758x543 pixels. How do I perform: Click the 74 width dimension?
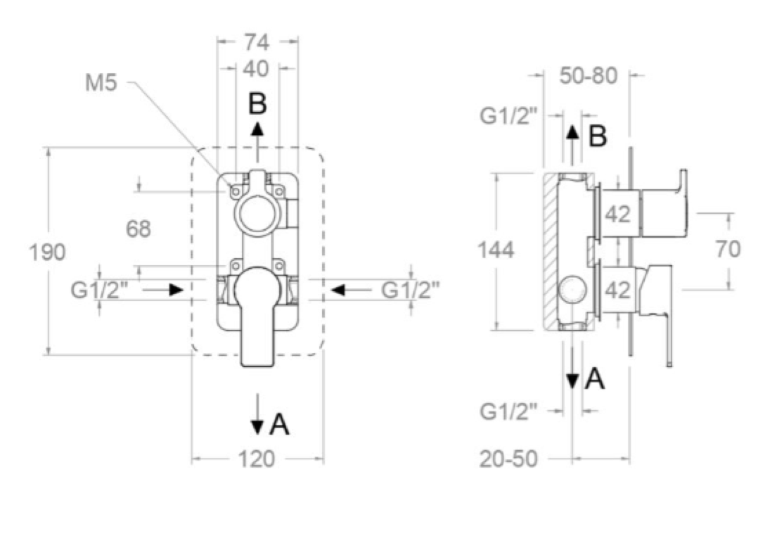[x=257, y=42]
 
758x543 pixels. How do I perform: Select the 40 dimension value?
[x=257, y=70]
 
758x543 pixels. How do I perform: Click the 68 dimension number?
[x=139, y=229]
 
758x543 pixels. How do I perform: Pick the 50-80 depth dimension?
[x=589, y=75]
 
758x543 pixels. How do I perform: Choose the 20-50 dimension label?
[x=509, y=459]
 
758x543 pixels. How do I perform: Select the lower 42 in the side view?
[x=618, y=289]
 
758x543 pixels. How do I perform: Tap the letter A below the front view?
[x=280, y=424]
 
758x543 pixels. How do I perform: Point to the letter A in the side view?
[x=595, y=380]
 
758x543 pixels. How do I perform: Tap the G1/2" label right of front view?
[x=410, y=289]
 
